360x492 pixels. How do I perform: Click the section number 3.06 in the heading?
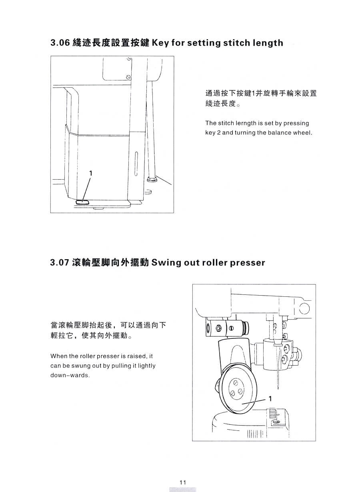(x=60, y=43)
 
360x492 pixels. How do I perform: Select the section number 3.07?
(x=60, y=263)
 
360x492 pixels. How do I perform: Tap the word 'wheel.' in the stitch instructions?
(x=302, y=133)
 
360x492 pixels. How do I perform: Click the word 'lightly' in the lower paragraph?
(x=146, y=366)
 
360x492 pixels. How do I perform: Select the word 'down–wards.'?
(x=70, y=376)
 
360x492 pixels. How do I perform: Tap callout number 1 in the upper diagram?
(x=91, y=173)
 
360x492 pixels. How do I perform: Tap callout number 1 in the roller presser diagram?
(x=270, y=398)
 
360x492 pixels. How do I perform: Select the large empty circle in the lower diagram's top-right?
(x=304, y=309)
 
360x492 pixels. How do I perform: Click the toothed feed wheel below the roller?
(x=273, y=412)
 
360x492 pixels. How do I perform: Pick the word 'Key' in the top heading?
(x=161, y=43)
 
